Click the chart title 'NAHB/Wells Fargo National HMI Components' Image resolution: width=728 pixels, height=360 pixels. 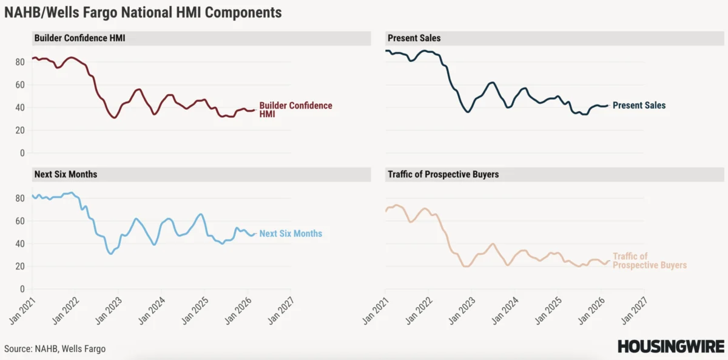(143, 12)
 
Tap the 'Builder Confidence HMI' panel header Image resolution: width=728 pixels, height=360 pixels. (79, 38)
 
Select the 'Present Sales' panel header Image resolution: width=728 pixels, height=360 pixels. (414, 38)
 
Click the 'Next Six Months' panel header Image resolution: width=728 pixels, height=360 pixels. (66, 174)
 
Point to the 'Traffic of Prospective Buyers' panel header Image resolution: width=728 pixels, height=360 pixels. (443, 174)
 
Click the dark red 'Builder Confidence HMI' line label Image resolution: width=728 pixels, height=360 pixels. (295, 109)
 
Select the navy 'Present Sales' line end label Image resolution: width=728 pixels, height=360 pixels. (639, 106)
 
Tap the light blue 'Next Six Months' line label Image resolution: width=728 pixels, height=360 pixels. (291, 234)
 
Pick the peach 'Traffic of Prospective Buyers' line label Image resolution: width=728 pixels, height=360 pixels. (649, 261)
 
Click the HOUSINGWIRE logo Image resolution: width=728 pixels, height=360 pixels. (670, 346)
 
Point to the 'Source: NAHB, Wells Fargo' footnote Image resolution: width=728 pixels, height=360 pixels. (55, 348)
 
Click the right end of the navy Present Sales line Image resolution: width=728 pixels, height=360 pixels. (607, 105)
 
